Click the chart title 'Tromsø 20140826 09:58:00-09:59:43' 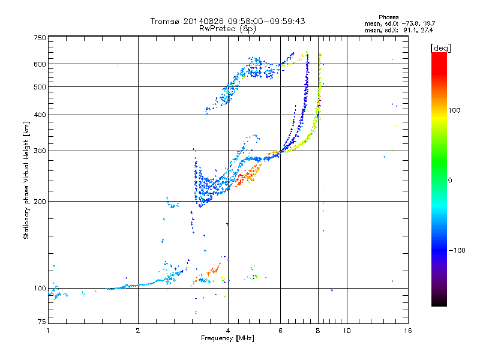tap(227, 21)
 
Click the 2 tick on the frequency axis tap(138, 331)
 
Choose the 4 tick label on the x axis tap(228, 331)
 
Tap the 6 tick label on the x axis tap(280, 331)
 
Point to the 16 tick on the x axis tap(407, 331)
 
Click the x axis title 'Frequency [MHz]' tap(227, 338)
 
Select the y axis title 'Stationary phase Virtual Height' tap(26, 180)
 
